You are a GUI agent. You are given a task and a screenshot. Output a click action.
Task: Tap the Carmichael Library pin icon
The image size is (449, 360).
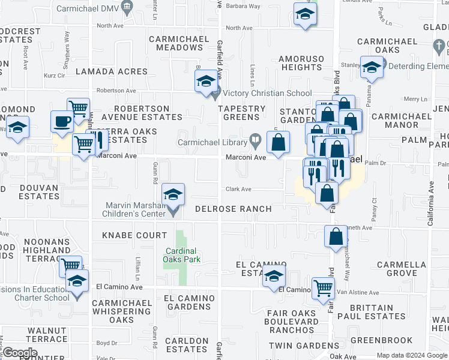[256, 142]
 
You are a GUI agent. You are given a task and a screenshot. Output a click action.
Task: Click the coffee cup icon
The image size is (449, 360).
[62, 122]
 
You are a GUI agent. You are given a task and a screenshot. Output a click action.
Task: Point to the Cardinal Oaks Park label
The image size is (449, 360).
[181, 255]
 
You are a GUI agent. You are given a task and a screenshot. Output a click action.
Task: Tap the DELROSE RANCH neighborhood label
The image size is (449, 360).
[234, 209]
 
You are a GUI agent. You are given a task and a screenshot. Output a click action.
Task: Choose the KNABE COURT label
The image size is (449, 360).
[134, 235]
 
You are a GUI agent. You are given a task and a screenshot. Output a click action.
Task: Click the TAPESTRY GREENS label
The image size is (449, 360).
[241, 113]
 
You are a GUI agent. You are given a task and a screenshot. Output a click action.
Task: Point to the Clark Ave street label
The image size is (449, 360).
[238, 189]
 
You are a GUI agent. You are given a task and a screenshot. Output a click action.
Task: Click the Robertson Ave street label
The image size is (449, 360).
[116, 90]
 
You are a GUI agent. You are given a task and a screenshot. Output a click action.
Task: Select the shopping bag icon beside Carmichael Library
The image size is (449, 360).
[278, 143]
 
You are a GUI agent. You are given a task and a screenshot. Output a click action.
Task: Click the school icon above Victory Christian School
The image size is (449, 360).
[206, 82]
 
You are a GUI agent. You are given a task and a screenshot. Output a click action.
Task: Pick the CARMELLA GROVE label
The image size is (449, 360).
[397, 269]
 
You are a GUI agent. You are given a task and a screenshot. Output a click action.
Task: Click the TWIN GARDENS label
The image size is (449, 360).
[304, 346]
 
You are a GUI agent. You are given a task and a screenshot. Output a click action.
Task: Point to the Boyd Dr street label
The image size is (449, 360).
[106, 343]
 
